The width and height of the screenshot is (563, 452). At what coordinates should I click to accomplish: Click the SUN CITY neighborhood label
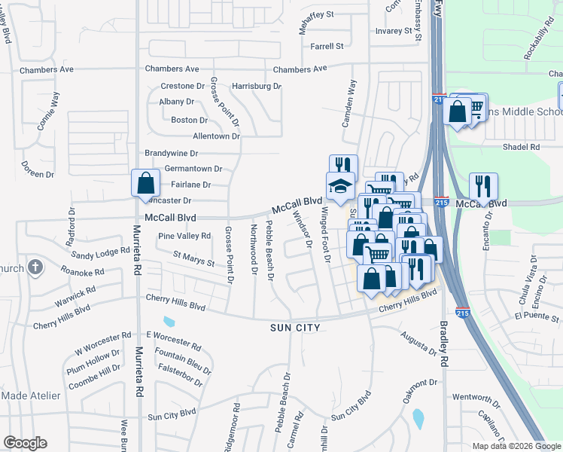click(296, 328)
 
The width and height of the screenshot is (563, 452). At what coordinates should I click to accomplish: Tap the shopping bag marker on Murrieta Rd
click(146, 184)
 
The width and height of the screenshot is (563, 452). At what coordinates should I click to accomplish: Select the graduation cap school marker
click(340, 186)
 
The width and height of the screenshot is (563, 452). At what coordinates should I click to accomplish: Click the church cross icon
click(35, 267)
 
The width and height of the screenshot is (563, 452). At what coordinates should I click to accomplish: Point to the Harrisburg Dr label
click(256, 87)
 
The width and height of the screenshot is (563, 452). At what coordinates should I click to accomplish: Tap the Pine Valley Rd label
click(184, 237)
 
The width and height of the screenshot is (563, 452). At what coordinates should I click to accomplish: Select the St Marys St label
click(194, 260)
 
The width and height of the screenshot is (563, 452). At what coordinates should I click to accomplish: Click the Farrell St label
click(327, 47)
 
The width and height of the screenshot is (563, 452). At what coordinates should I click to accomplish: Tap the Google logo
click(25, 443)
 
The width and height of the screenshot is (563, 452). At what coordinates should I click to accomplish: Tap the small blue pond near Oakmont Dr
click(418, 416)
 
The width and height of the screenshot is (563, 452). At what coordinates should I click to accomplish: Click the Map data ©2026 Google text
click(516, 446)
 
